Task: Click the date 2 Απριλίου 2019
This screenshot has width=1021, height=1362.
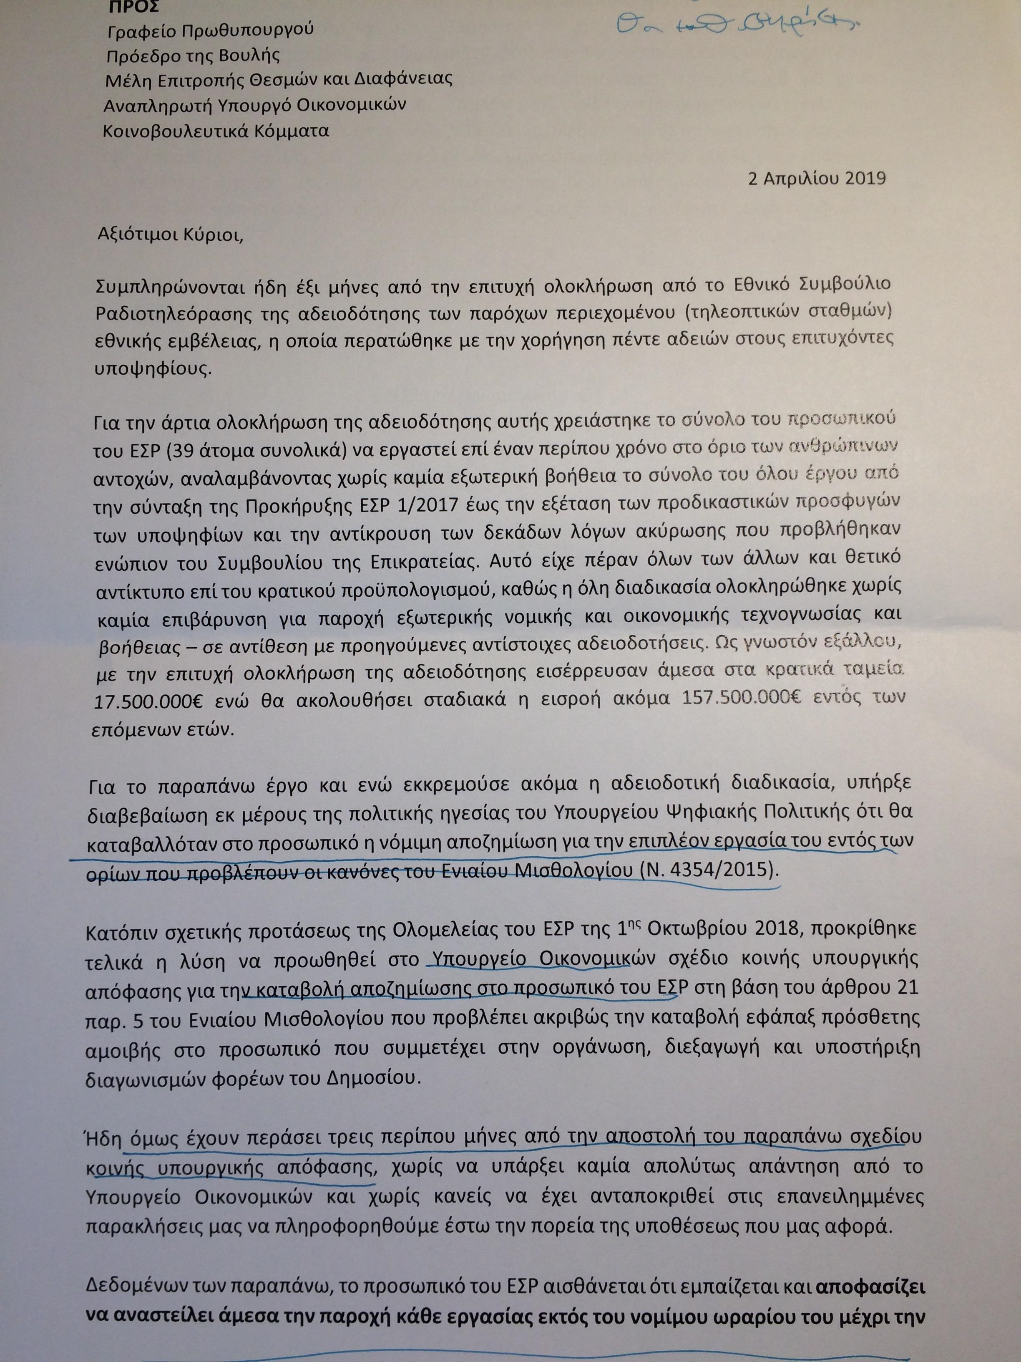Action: (816, 179)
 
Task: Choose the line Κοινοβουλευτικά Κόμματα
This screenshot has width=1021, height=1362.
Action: (216, 131)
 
